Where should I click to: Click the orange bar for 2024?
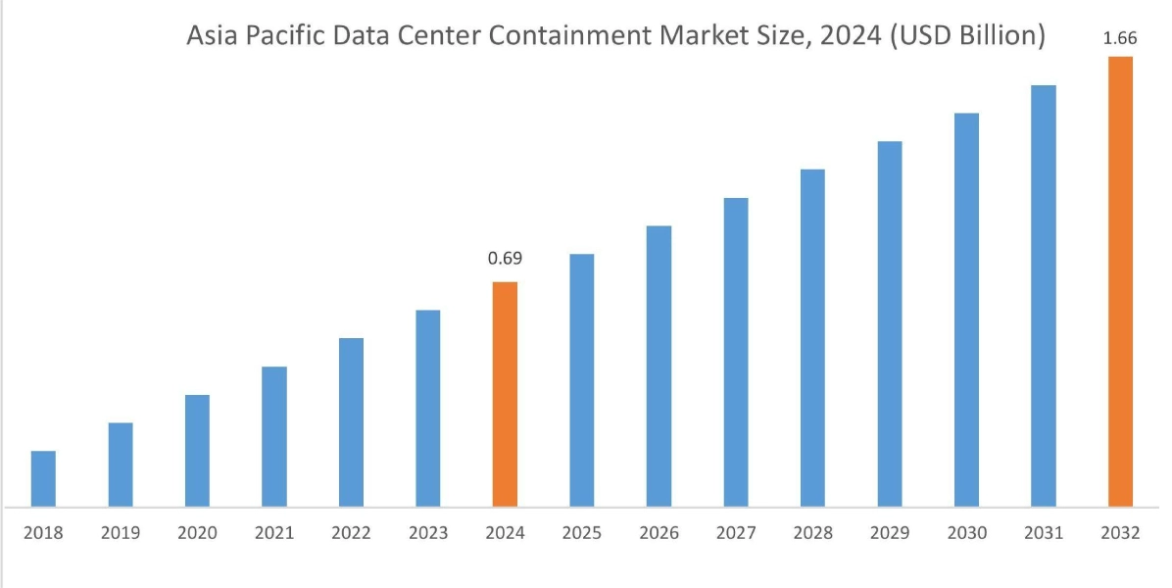coord(505,394)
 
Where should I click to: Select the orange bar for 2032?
coord(1120,281)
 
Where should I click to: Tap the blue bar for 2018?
coord(43,479)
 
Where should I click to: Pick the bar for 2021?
coord(274,437)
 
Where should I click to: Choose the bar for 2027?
coord(736,353)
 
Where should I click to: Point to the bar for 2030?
coord(966,310)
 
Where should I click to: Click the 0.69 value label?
coord(505,260)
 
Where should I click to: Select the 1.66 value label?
coord(1121,37)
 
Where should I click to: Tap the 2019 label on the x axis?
coord(120,533)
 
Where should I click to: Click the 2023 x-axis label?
coord(428,533)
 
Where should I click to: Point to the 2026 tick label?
coord(659,533)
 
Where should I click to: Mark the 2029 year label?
coord(890,533)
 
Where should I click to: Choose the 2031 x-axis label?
coord(1044,533)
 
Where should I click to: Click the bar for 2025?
coord(582,380)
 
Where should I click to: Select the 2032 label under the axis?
coord(1120,533)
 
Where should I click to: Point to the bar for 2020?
coord(197,451)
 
